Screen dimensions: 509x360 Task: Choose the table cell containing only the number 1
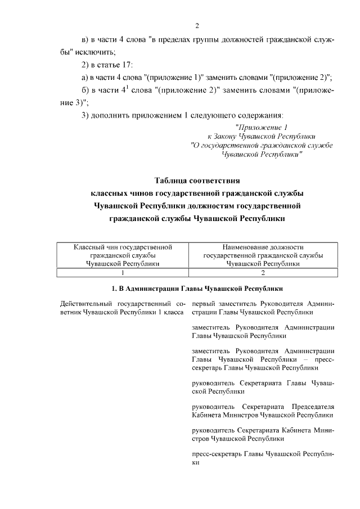(x=123, y=272)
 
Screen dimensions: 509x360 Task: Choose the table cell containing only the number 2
(x=263, y=272)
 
